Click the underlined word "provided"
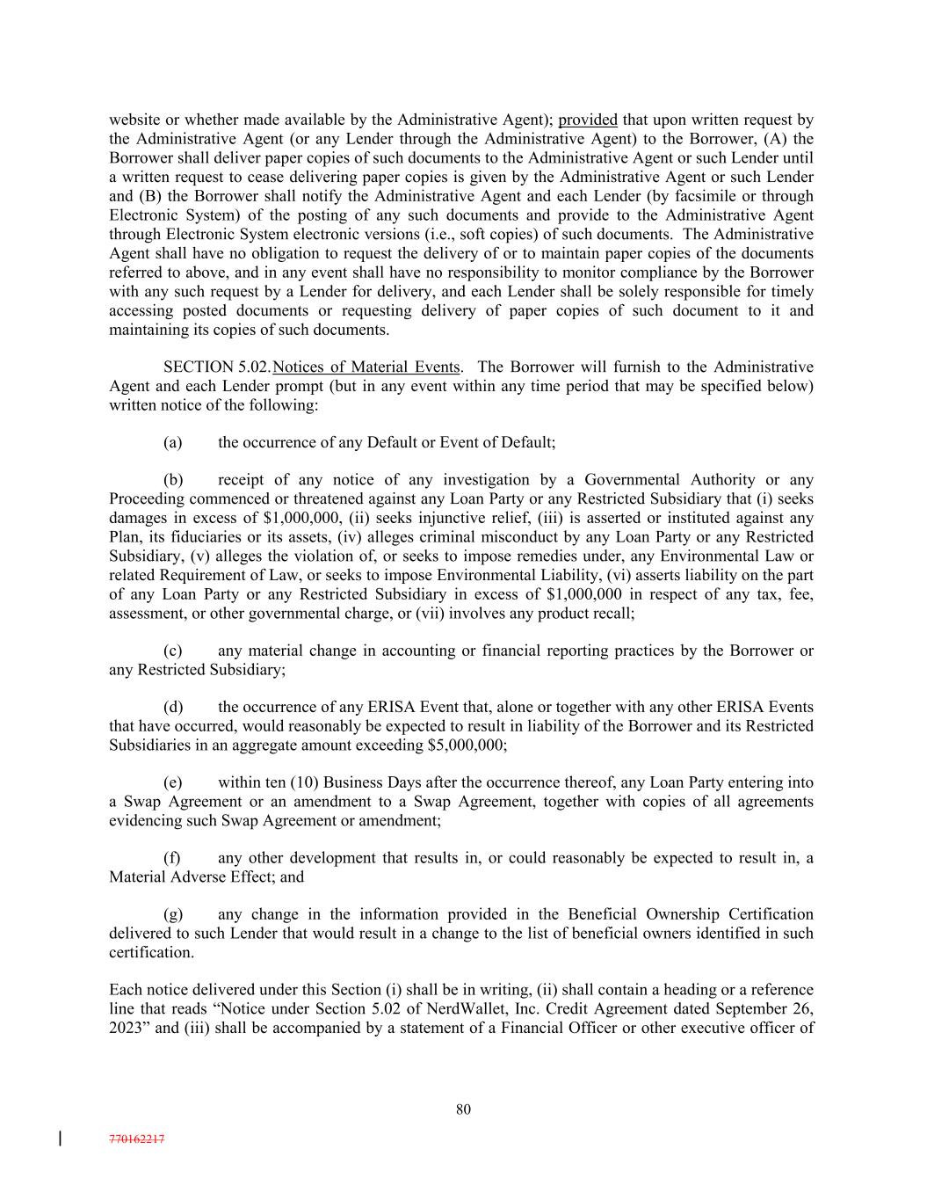(588, 120)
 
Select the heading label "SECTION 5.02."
(217, 367)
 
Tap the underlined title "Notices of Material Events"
(366, 367)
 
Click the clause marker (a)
(173, 442)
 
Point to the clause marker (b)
(173, 480)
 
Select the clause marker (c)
(173, 651)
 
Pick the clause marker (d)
(173, 707)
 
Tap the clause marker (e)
(173, 782)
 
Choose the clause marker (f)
(172, 858)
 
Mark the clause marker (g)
(173, 914)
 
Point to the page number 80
(463, 1109)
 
